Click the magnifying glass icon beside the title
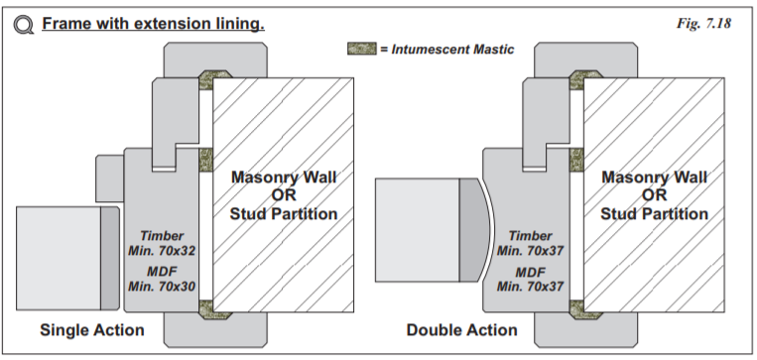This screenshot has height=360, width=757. [x=23, y=25]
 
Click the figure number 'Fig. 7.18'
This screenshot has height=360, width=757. [x=703, y=23]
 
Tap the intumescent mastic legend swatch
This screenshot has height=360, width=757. [x=361, y=49]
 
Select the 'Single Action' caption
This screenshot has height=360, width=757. [x=92, y=330]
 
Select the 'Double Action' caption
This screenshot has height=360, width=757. [x=462, y=330]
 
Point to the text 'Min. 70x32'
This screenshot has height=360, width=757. [x=162, y=251]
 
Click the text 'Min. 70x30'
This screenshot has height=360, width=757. [x=162, y=287]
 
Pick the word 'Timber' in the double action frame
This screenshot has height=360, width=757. [x=530, y=236]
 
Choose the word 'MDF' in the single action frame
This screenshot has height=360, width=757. [x=162, y=272]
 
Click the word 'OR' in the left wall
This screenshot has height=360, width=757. [x=284, y=195]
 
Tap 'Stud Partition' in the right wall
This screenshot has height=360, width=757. [x=654, y=214]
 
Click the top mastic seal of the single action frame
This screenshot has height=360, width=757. [x=215, y=79]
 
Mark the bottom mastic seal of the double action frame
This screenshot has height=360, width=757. [x=585, y=309]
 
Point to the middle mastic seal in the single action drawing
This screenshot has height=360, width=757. [x=206, y=160]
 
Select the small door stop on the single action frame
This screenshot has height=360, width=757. [x=110, y=179]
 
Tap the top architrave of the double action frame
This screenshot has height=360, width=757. [x=585, y=59]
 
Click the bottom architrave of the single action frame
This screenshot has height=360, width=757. [x=215, y=330]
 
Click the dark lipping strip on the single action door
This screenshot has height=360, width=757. [x=110, y=259]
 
